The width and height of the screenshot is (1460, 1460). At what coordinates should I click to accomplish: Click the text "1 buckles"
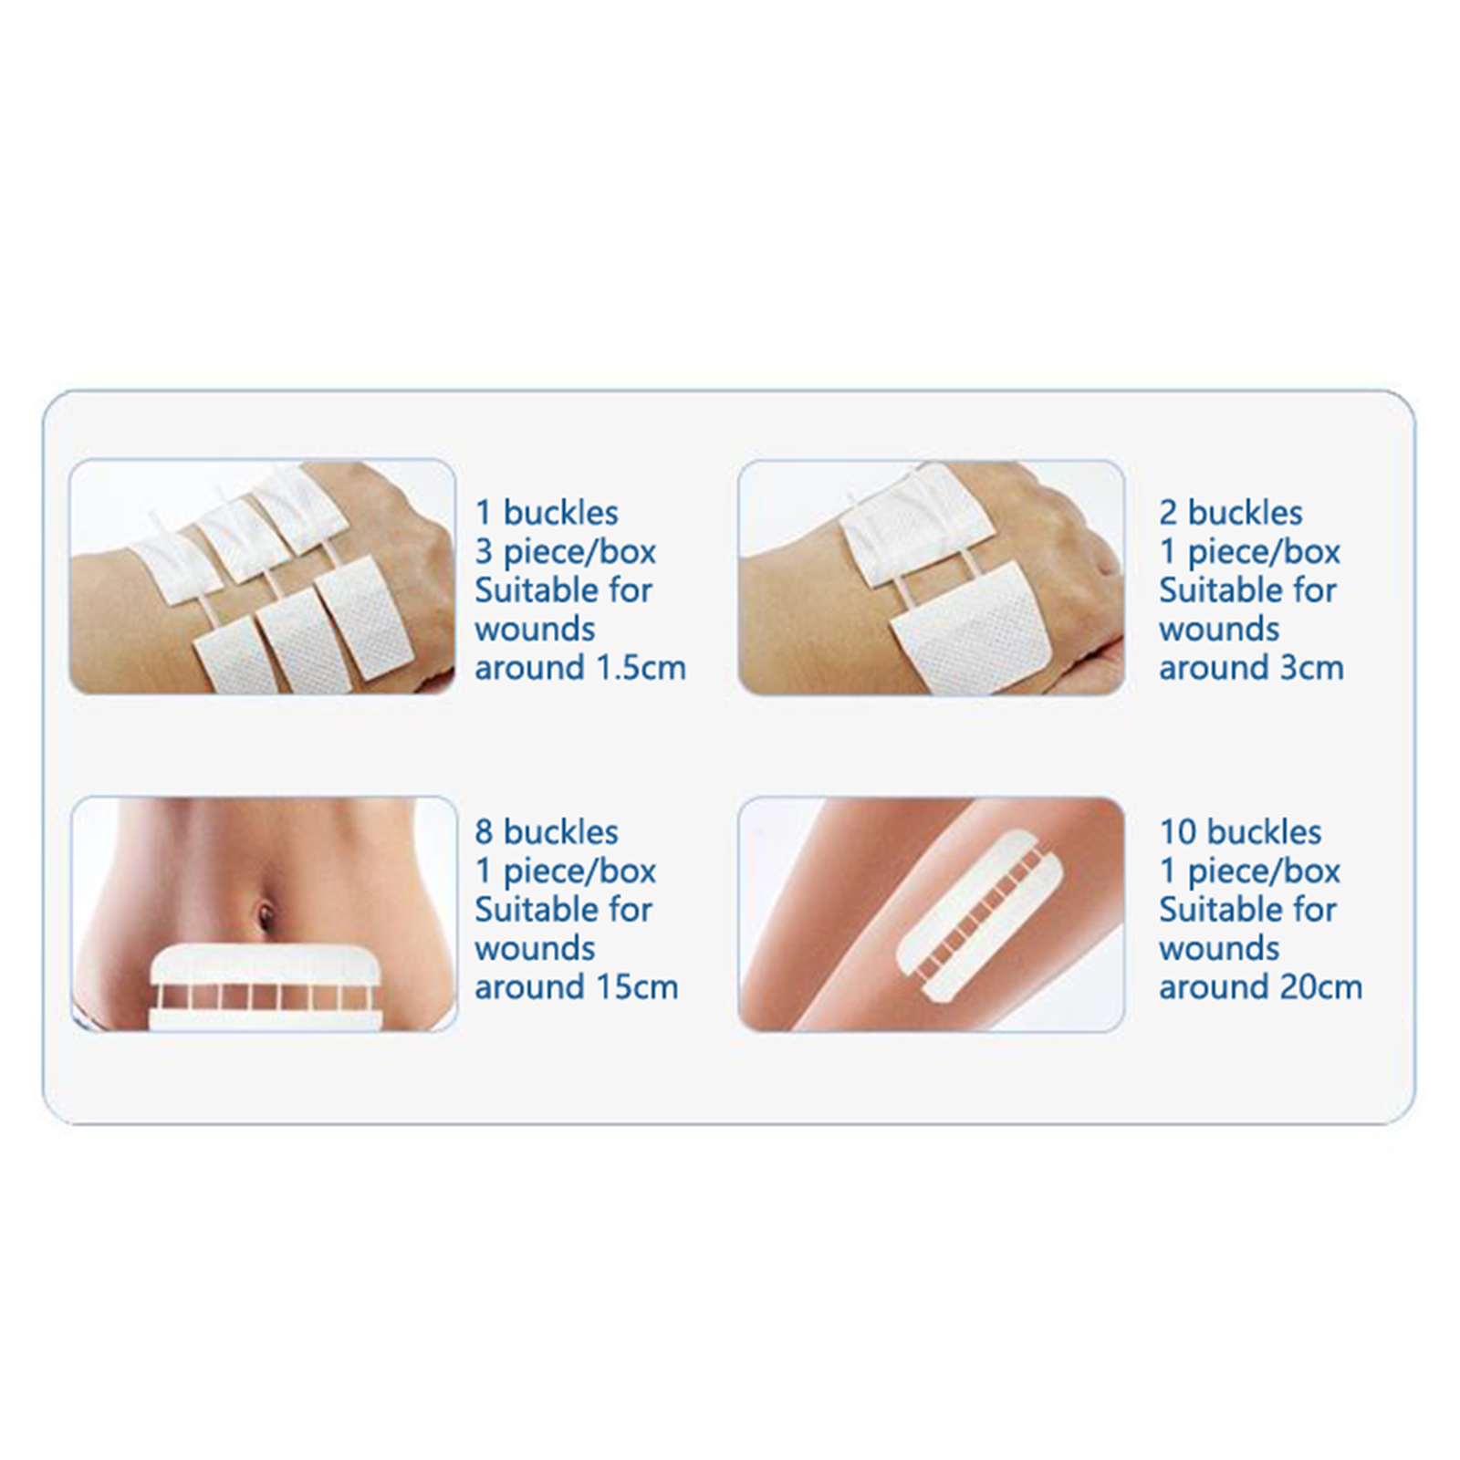click(x=547, y=513)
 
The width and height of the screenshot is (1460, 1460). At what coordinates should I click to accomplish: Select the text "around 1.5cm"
click(x=580, y=668)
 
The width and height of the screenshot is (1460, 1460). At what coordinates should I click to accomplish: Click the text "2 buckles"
click(x=1230, y=513)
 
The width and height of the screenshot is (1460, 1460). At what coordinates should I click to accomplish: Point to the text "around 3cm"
click(x=1251, y=668)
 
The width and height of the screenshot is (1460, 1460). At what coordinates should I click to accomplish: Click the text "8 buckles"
click(x=547, y=832)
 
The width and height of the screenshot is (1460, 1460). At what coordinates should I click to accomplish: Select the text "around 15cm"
click(x=577, y=987)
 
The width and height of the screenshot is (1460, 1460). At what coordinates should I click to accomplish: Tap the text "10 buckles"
click(x=1240, y=832)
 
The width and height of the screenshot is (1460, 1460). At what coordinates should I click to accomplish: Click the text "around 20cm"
click(x=1260, y=987)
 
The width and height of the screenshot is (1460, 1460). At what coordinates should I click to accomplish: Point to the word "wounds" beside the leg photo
click(x=1219, y=949)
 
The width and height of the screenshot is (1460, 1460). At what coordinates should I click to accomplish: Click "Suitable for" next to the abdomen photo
click(x=563, y=910)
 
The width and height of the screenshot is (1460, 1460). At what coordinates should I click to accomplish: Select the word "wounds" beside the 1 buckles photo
click(x=535, y=630)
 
